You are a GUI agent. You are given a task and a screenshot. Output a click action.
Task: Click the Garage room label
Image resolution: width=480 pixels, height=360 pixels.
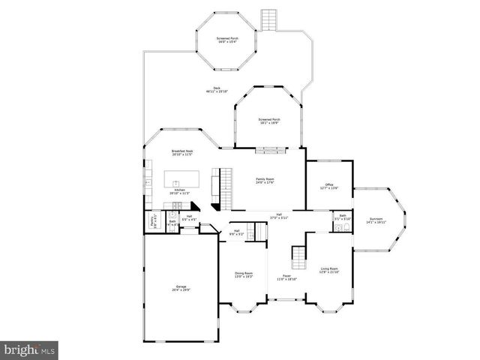click(181, 288)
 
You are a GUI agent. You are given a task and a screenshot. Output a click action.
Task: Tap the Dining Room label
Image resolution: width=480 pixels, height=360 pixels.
click(244, 274)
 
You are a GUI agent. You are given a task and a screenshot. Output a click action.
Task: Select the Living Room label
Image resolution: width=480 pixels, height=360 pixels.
click(329, 270)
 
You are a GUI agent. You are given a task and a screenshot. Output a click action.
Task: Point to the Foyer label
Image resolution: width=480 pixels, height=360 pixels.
click(287, 277)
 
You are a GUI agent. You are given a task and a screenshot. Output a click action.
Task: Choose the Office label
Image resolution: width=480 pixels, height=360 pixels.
click(328, 186)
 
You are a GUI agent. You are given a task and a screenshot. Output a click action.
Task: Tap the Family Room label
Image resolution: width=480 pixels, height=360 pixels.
click(265, 180)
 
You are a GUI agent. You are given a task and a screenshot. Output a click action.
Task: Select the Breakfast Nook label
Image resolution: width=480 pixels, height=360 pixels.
click(182, 152)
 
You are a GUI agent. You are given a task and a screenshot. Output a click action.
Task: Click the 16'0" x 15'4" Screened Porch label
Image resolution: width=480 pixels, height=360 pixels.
click(227, 39)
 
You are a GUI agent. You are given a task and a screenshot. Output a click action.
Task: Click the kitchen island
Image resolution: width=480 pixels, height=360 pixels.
click(182, 179)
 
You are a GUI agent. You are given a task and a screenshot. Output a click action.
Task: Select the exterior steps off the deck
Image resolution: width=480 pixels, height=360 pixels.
click(268, 19)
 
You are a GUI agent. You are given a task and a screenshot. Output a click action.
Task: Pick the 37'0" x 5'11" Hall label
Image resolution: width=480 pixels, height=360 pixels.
click(278, 216)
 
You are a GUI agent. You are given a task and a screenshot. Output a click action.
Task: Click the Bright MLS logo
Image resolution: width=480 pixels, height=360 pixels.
click(29, 349)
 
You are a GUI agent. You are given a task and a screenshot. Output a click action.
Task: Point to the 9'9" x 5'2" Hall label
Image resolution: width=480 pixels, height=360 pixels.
click(236, 232)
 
